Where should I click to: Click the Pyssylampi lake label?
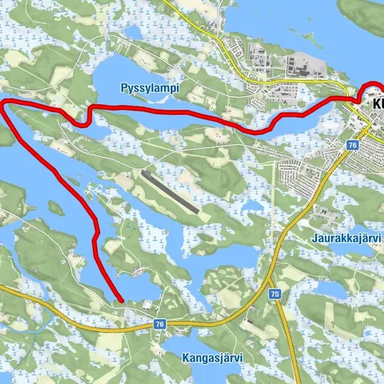pyautogui.click(x=149, y=86)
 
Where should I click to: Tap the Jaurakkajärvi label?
pyautogui.click(x=346, y=238)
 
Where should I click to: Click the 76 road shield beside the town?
pyautogui.click(x=353, y=144)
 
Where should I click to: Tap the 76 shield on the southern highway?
pyautogui.click(x=159, y=324)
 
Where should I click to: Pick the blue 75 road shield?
pyautogui.click(x=275, y=294)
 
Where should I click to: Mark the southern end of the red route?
pyautogui.click(x=120, y=301)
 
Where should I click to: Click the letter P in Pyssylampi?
pyautogui.click(x=124, y=86)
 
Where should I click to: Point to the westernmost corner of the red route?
pyautogui.click(x=3, y=103)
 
